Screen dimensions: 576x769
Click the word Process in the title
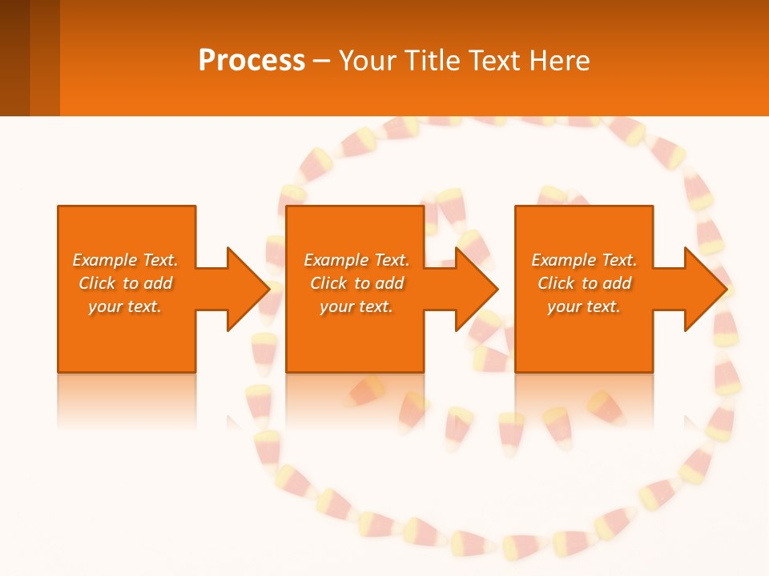[252, 61]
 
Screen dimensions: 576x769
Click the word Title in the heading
[432, 61]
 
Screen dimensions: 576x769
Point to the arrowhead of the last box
[704, 289]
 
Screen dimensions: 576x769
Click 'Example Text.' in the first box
[125, 260]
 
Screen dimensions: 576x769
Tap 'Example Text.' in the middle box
[356, 260]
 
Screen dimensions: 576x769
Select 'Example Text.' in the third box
[584, 260]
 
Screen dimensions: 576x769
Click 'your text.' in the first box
[125, 306]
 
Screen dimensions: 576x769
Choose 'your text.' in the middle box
[356, 306]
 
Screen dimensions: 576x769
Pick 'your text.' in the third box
[584, 306]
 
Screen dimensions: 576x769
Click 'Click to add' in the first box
[125, 283]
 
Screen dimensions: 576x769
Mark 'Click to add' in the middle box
[356, 283]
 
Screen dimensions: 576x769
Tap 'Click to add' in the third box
[584, 283]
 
